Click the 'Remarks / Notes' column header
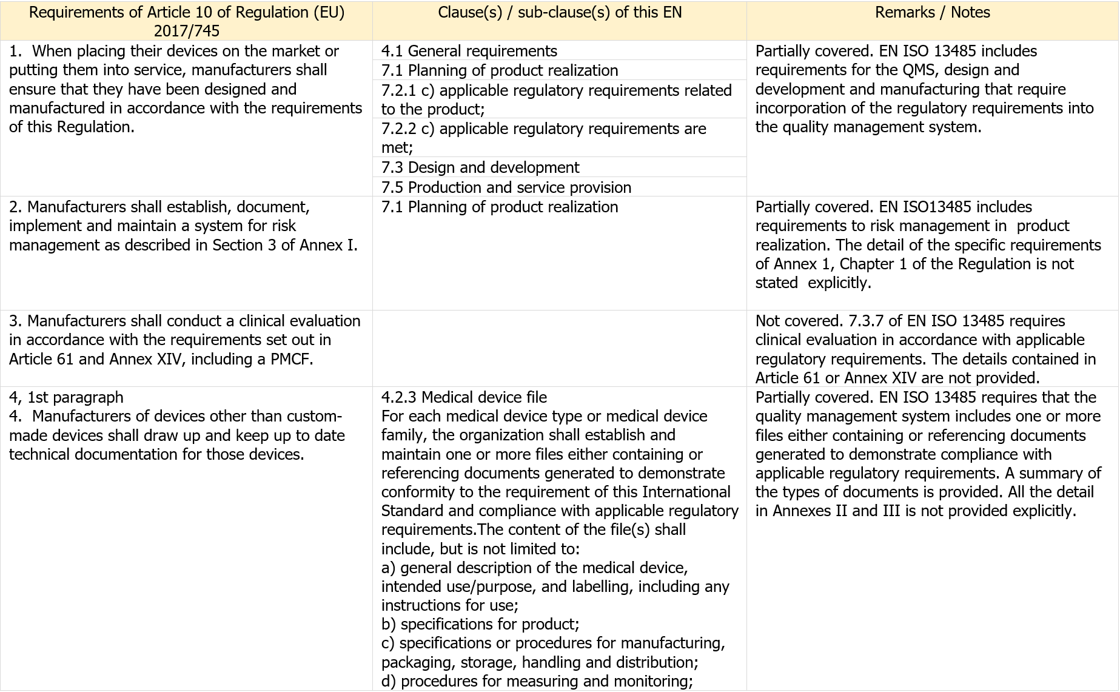click(x=932, y=13)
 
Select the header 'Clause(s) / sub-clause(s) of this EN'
click(x=559, y=13)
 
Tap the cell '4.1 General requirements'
click(x=469, y=51)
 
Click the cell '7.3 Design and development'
click(x=480, y=167)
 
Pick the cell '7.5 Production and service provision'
click(x=506, y=187)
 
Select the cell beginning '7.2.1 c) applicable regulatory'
click(x=556, y=99)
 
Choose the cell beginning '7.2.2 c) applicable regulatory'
click(x=543, y=138)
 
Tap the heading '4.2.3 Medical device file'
click(x=464, y=397)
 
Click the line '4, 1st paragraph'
click(x=66, y=397)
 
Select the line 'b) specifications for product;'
click(x=480, y=624)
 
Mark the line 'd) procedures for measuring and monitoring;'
click(x=537, y=681)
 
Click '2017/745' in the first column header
click(x=187, y=31)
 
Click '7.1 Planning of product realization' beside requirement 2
click(x=499, y=207)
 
